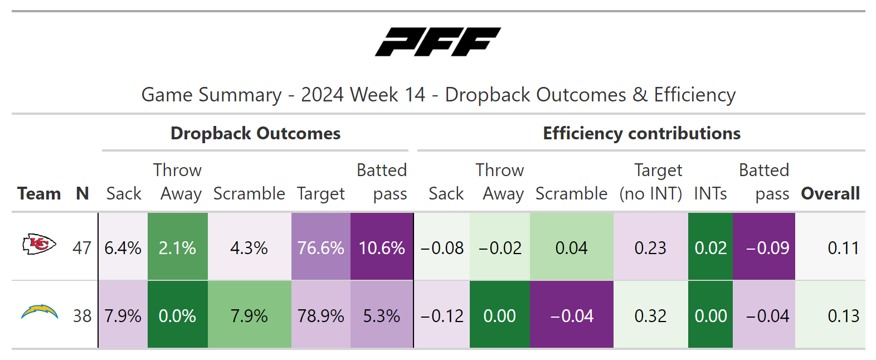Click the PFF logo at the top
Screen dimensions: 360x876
437,42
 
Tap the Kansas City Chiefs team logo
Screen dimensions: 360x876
39,245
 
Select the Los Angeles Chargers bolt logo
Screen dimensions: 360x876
40,312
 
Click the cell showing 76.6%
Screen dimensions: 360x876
320,247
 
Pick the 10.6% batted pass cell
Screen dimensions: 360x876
382,247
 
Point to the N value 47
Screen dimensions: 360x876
82,247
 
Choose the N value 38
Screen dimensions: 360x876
82,316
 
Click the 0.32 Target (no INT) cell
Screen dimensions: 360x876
650,316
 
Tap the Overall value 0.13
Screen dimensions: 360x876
843,316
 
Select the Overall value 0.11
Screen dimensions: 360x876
843,247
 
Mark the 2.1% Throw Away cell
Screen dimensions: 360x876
177,247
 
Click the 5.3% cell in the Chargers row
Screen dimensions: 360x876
382,316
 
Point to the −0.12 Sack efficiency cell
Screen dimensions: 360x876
442,316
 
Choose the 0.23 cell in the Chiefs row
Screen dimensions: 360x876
650,247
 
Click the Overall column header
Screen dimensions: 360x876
830,193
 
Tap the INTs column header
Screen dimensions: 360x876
710,193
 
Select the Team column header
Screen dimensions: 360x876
39,193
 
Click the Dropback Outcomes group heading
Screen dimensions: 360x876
255,133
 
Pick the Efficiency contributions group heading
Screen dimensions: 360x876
641,133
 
